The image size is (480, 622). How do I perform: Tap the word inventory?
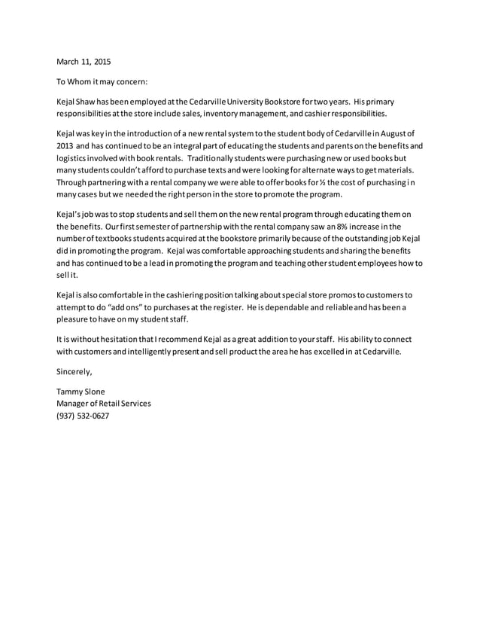pyautogui.click(x=233, y=114)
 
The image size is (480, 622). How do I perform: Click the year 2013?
pyautogui.click(x=66, y=146)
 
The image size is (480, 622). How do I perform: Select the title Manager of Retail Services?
pyautogui.click(x=104, y=404)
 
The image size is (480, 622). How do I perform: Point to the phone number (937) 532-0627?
pyautogui.click(x=83, y=416)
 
